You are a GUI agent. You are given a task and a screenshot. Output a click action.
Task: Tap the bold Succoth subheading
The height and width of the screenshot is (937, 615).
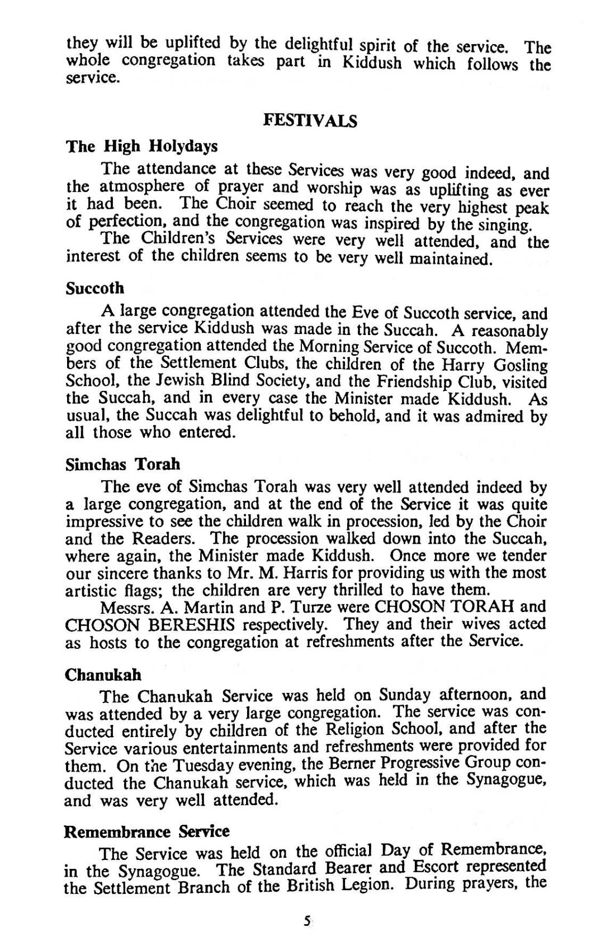(95, 289)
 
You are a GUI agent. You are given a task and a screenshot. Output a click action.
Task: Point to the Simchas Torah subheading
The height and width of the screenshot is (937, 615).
(123, 465)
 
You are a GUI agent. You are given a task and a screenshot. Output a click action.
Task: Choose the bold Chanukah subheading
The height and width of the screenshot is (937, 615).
(103, 675)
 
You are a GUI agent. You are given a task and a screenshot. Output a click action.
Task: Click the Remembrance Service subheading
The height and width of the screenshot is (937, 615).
(147, 831)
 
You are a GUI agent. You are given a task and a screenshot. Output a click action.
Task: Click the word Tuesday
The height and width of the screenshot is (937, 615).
(176, 766)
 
